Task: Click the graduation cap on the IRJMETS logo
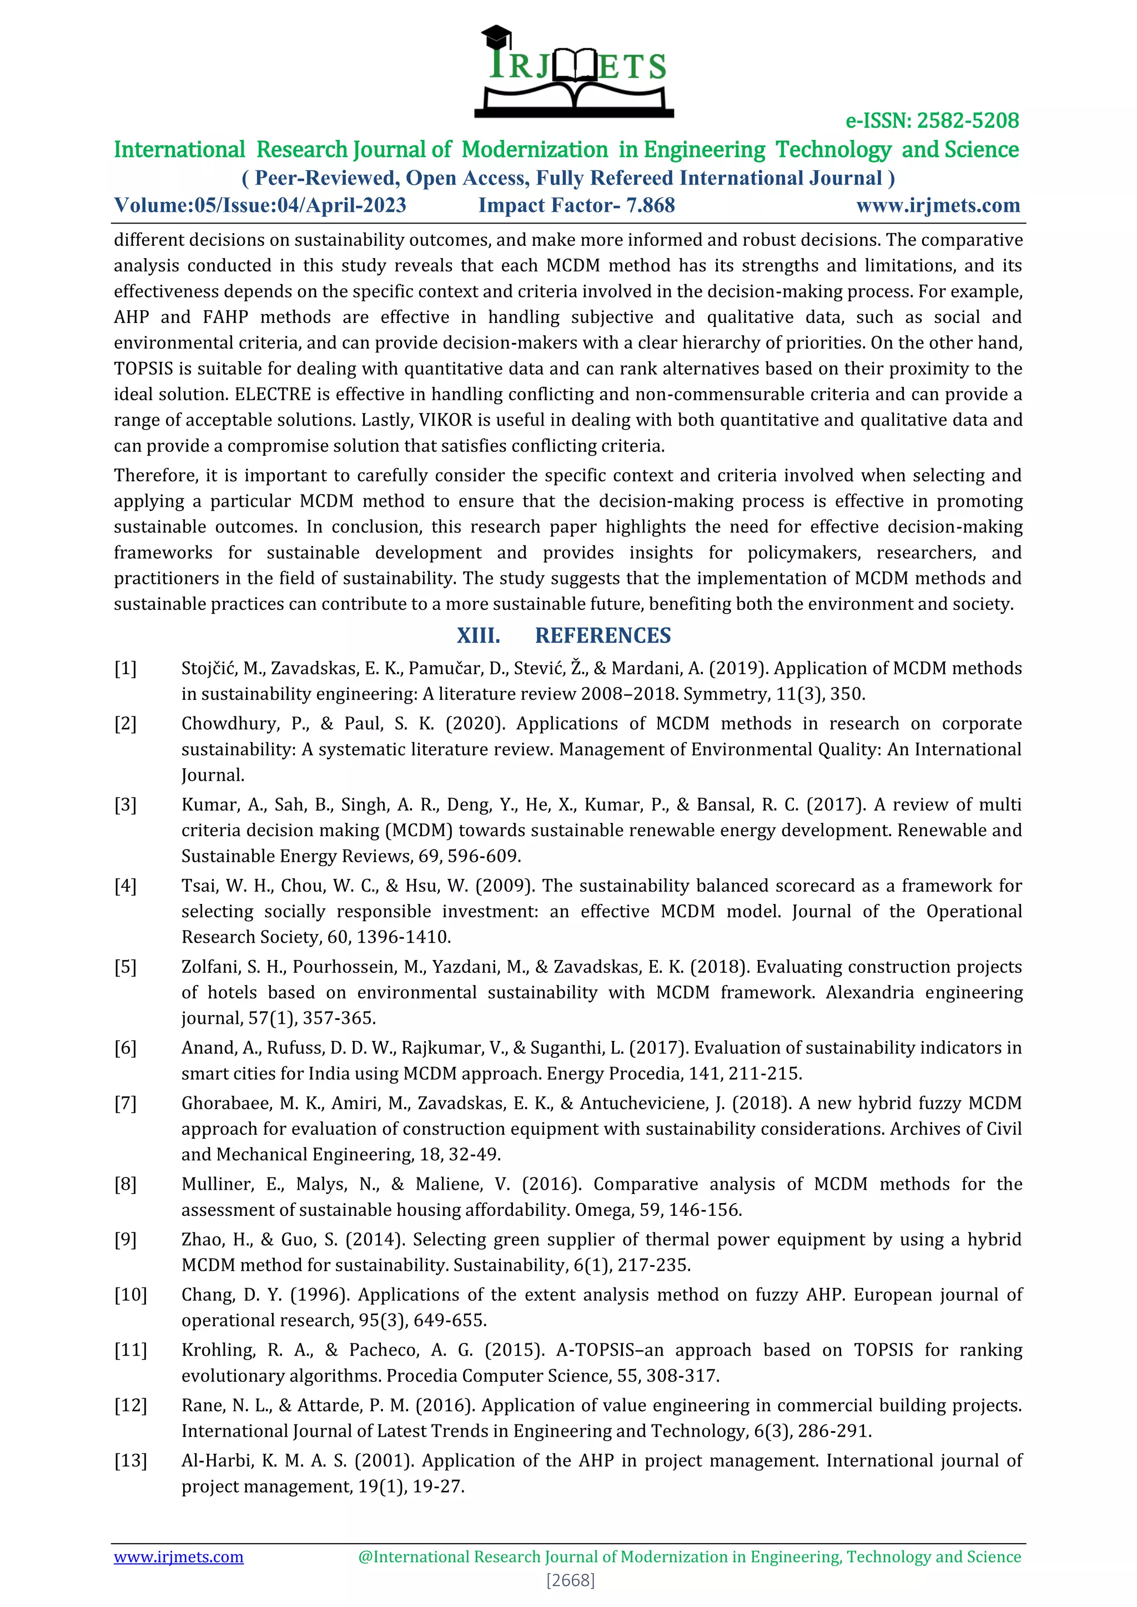(496, 35)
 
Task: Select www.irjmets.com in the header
(938, 205)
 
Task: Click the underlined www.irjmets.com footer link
(179, 1557)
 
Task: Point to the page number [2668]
(570, 1580)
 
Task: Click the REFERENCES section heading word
(602, 635)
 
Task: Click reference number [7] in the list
(125, 1104)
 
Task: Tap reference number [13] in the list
(130, 1461)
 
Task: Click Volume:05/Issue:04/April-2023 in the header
(260, 205)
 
